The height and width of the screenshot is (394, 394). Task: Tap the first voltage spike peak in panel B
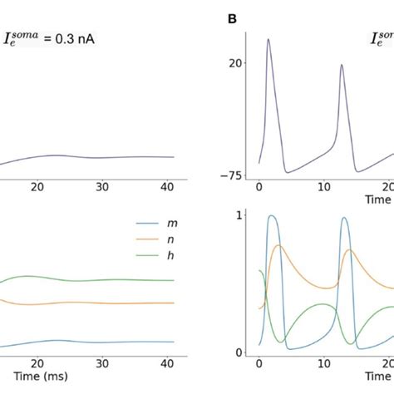pyautogui.click(x=268, y=39)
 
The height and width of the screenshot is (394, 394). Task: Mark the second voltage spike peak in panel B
pyautogui.click(x=342, y=65)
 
